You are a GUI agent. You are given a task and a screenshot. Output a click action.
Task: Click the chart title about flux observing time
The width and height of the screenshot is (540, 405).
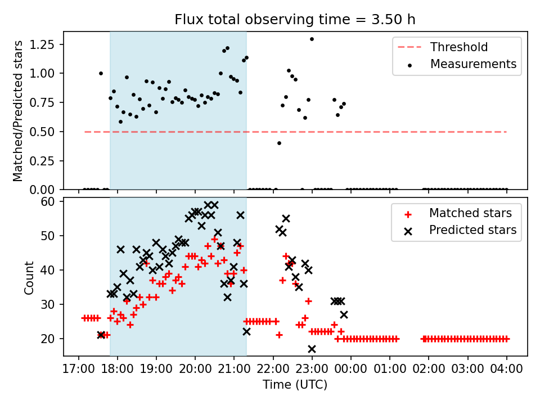click(x=295, y=20)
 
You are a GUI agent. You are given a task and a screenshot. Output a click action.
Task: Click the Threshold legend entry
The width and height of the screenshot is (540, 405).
click(x=459, y=47)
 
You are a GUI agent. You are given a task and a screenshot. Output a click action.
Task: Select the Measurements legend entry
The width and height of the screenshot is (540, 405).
click(x=473, y=64)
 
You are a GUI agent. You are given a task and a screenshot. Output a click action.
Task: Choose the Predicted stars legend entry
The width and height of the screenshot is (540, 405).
click(x=472, y=229)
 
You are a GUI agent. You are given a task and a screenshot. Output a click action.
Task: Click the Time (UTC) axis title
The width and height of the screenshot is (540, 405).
click(x=295, y=385)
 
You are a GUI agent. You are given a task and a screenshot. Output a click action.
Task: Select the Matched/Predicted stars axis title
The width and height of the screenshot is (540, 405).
click(x=18, y=111)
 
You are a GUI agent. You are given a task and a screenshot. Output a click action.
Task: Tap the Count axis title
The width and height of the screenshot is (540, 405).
click(x=29, y=277)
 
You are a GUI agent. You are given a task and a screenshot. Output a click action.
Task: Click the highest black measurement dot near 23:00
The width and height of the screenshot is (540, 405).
click(x=312, y=39)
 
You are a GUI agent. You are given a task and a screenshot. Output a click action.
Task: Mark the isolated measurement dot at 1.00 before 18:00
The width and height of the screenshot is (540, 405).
click(x=101, y=73)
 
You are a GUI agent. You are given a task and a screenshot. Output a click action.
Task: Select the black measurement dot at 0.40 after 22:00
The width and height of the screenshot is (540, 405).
click(x=279, y=143)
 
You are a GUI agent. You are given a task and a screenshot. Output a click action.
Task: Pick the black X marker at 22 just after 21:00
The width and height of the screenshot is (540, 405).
click(x=246, y=331)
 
